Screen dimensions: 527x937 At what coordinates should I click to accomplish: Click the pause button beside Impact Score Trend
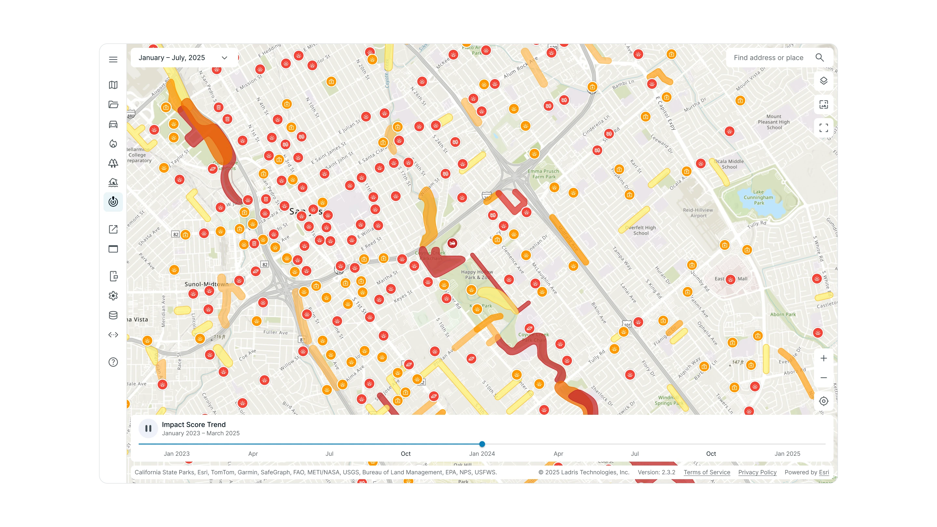(x=148, y=428)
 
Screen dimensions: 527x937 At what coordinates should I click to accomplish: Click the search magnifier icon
(x=820, y=58)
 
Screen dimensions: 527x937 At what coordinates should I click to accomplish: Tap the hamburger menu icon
(x=113, y=60)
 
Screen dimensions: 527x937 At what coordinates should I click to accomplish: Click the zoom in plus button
(x=823, y=358)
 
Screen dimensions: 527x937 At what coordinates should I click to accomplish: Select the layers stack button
(x=823, y=81)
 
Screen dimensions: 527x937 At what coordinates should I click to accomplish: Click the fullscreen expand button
(x=823, y=128)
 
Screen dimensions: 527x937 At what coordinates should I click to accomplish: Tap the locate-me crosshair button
(x=823, y=401)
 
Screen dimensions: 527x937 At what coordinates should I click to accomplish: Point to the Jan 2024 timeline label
(x=482, y=453)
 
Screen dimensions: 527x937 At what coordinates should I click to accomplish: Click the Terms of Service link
(x=707, y=472)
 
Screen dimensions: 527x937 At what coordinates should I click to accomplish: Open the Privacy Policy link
(x=757, y=472)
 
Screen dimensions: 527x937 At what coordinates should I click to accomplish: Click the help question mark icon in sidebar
(x=113, y=362)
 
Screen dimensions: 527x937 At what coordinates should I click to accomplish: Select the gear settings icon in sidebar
(x=113, y=296)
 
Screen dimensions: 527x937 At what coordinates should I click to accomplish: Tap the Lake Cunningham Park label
(x=758, y=197)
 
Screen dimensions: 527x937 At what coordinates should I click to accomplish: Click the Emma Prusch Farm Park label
(x=543, y=174)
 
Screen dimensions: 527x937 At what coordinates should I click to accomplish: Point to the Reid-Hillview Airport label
(x=698, y=213)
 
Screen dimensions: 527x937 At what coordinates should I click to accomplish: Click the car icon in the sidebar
(x=113, y=124)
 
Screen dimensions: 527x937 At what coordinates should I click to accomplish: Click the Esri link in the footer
(x=824, y=472)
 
